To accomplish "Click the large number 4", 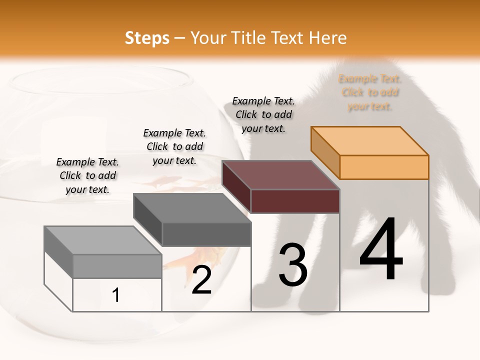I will tap(381, 250).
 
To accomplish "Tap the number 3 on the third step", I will tap(292, 265).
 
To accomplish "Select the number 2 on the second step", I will tap(201, 280).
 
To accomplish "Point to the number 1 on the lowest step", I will tap(116, 295).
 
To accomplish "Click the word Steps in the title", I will tap(147, 38).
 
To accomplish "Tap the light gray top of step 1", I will tap(103, 240).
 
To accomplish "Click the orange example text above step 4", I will tap(370, 92).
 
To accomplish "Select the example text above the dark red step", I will tap(263, 114).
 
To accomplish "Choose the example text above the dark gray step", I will tap(174, 146).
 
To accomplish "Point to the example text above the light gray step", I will tap(87, 175).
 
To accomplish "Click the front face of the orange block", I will tap(384, 167).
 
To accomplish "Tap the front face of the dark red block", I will tap(295, 201).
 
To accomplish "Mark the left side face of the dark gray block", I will tap(147, 220).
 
